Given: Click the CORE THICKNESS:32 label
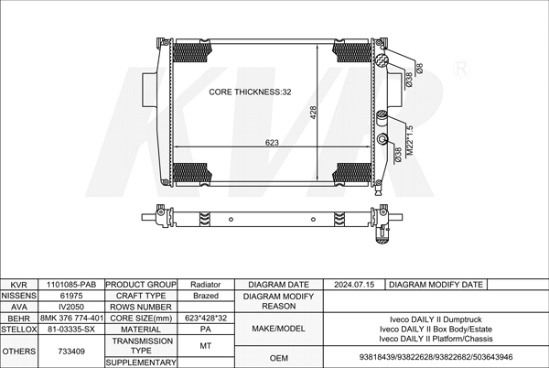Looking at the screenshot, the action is point(250,92).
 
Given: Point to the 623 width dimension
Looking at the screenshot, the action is point(272,143).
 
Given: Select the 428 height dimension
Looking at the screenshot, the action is point(313,113).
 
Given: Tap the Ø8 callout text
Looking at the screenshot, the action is point(420,69).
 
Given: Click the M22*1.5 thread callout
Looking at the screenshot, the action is point(410,140).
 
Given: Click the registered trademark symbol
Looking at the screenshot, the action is point(461,69).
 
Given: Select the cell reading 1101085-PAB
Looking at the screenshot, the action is point(71,285).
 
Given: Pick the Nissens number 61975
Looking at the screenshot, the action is point(71,296).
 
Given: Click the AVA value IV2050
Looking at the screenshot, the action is point(71,307).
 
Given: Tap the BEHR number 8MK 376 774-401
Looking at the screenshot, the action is point(71,318).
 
